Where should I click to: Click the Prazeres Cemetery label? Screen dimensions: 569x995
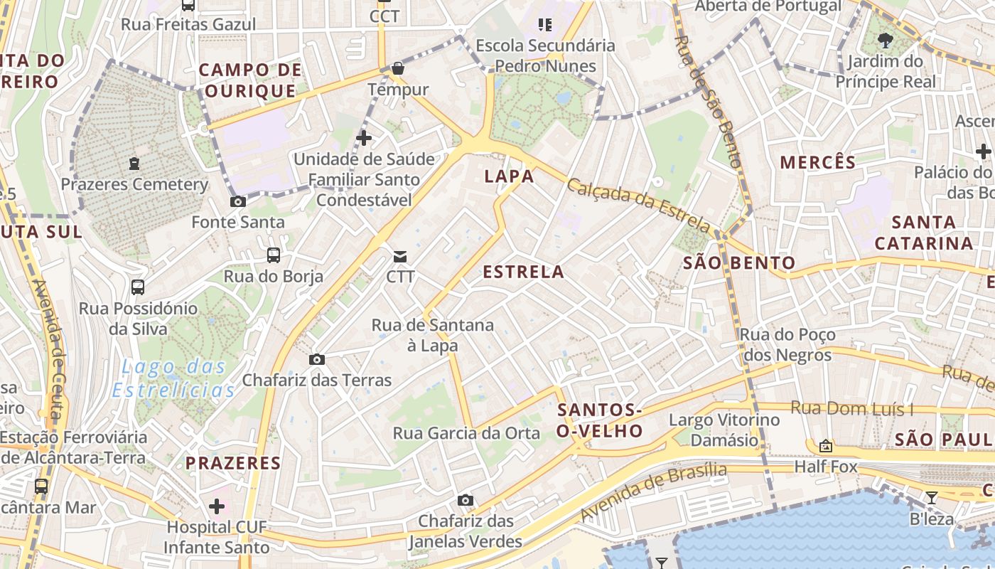click(134, 184)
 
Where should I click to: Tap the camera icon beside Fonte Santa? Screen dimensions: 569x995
click(238, 202)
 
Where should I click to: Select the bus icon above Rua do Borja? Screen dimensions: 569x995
click(273, 255)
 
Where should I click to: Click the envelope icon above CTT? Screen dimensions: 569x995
click(400, 257)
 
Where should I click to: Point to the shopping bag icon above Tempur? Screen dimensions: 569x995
click(398, 69)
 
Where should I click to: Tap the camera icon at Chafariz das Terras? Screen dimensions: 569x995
click(317, 360)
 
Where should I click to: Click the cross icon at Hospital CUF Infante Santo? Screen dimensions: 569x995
click(217, 506)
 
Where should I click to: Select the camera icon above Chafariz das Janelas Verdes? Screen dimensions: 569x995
click(466, 501)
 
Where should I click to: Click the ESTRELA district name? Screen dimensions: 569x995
click(523, 272)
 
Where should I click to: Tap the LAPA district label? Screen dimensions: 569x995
click(509, 176)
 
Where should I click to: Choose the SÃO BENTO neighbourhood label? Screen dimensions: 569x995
click(739, 262)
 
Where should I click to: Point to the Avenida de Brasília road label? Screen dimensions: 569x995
click(653, 491)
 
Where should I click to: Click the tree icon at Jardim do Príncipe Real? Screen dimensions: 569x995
click(886, 40)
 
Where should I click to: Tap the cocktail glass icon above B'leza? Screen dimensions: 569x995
click(932, 497)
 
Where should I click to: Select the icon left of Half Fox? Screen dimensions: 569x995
click(826, 447)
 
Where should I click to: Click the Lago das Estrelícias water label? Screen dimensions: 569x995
click(173, 378)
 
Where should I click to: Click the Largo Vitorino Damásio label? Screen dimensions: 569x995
click(724, 430)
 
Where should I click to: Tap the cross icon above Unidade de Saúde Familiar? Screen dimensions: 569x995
click(364, 137)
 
